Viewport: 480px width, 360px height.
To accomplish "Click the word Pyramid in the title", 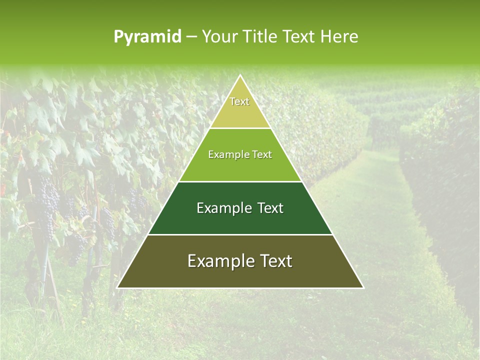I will [147, 37].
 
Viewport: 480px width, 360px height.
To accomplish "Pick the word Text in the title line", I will [299, 37].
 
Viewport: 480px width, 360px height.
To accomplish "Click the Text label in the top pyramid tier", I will [239, 102].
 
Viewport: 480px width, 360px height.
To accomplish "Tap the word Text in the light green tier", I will [261, 155].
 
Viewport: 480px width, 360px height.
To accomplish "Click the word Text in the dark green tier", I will [270, 208].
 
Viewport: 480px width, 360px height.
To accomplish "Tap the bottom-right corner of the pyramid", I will [363, 287].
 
